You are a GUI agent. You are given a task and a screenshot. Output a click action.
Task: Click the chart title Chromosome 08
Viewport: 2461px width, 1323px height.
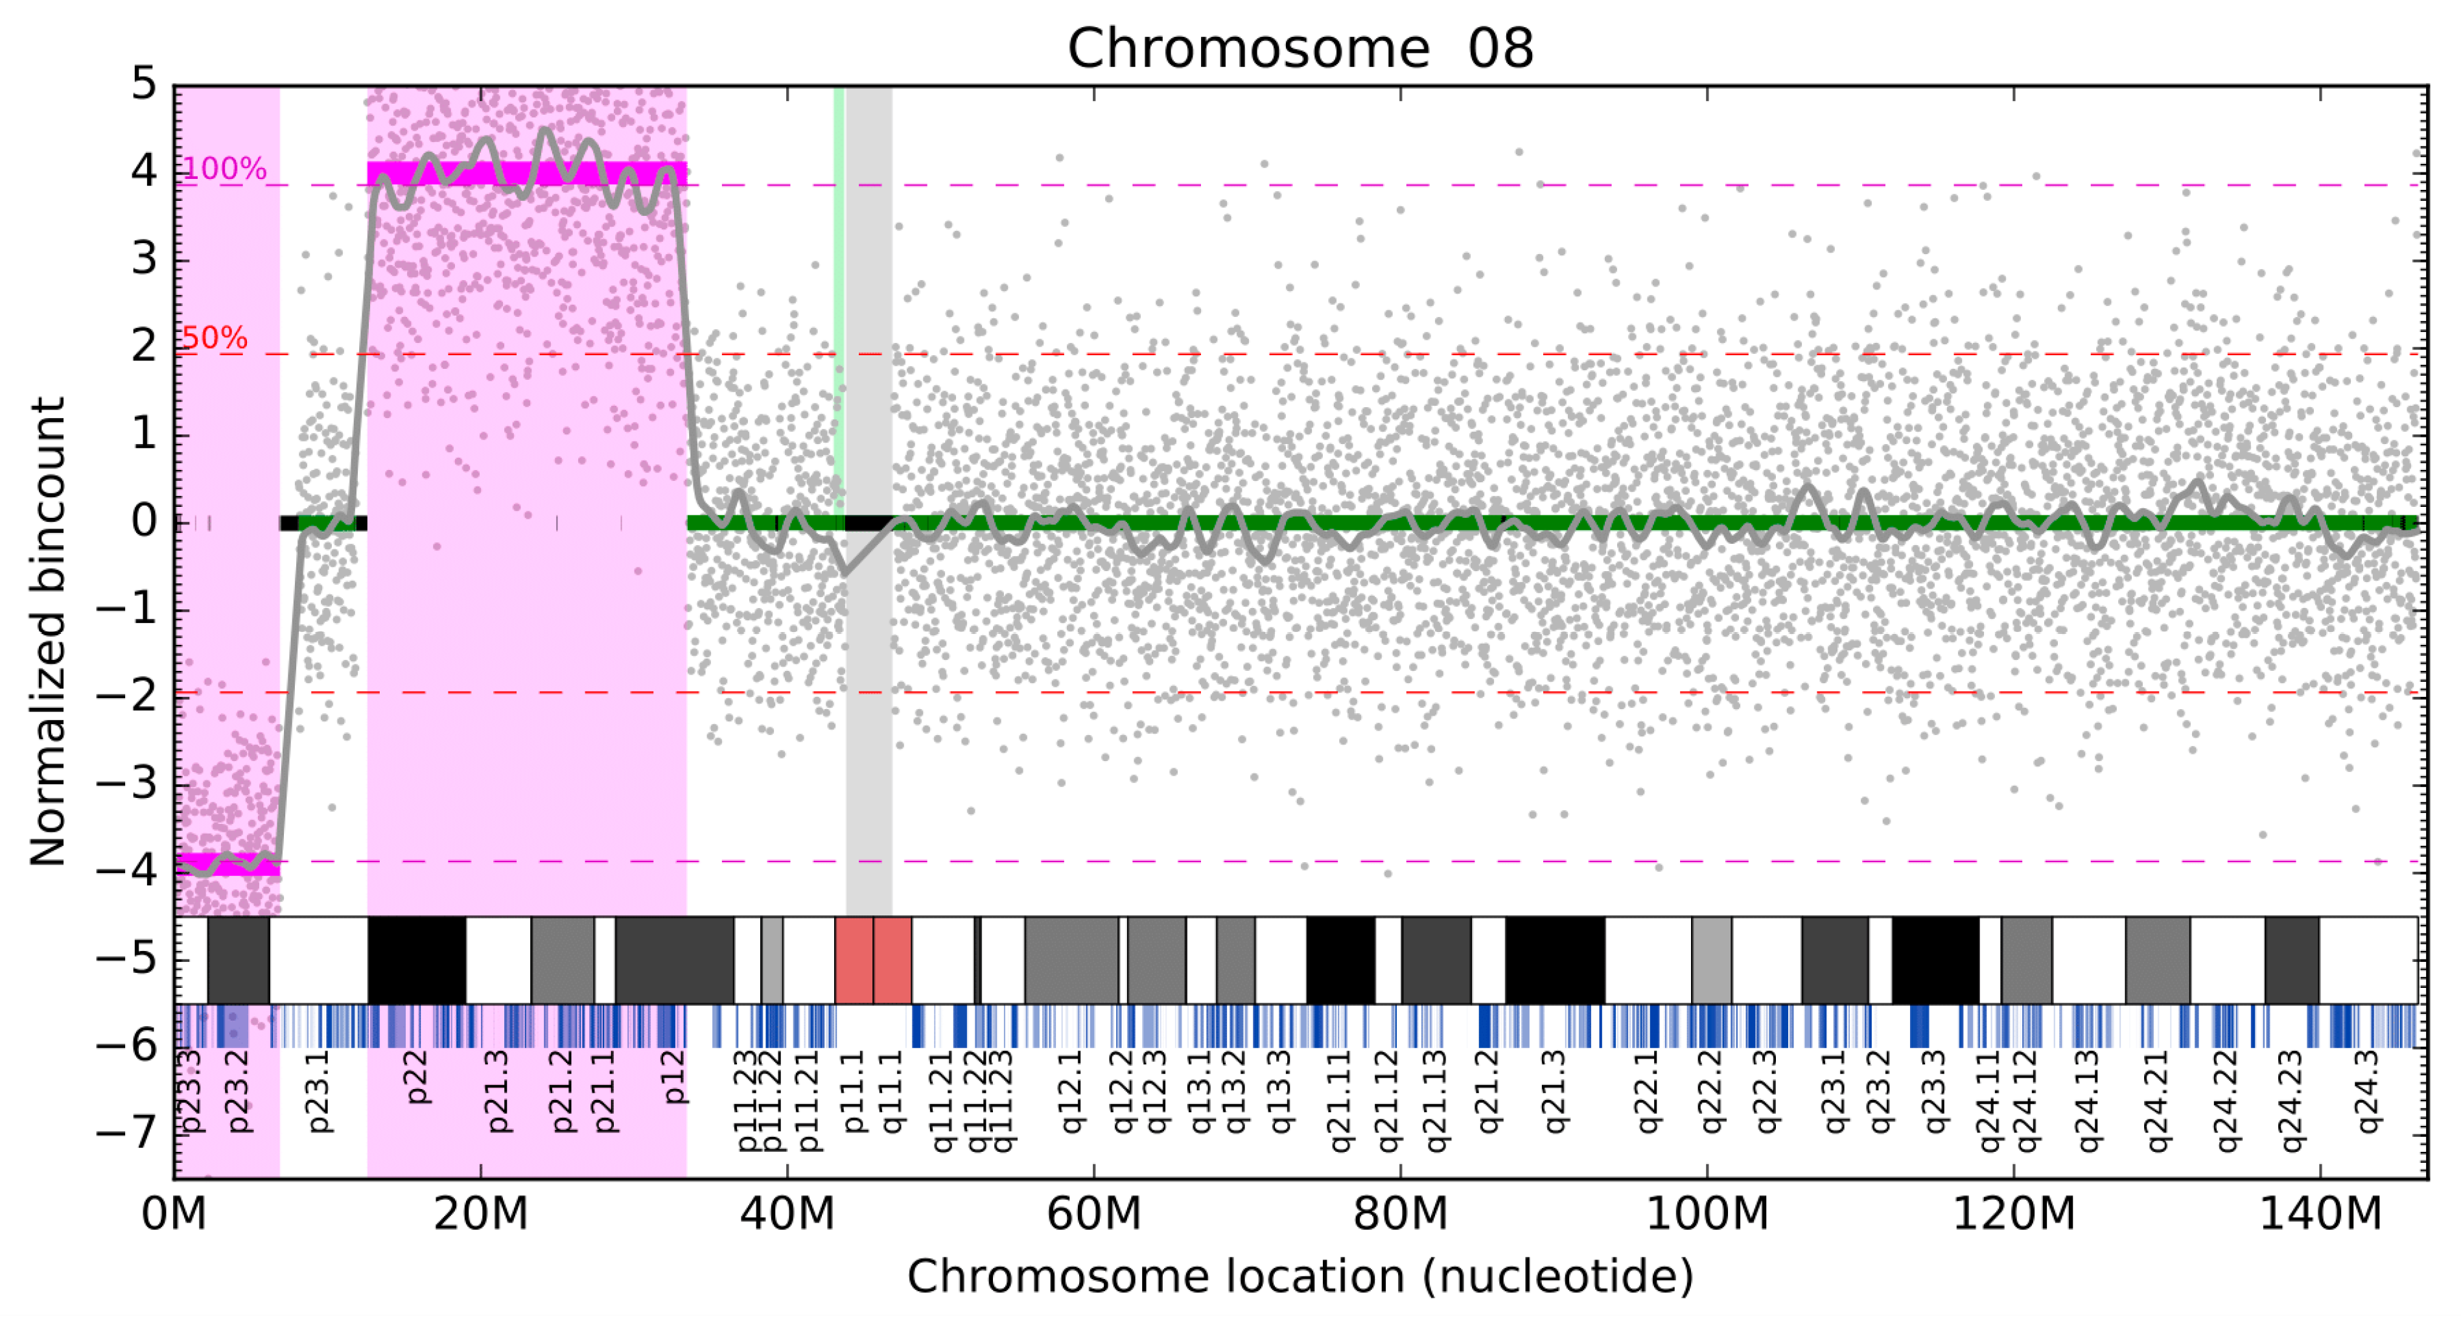(1300, 48)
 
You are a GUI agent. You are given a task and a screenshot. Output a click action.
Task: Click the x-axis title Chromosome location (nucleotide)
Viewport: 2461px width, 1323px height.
(1300, 1276)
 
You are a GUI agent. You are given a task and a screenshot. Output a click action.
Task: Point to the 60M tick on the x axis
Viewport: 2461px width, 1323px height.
(1094, 1214)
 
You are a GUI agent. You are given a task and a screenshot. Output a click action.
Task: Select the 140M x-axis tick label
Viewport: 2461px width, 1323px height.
(2320, 1214)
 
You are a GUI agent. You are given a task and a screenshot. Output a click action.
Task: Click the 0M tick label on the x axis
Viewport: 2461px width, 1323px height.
(174, 1214)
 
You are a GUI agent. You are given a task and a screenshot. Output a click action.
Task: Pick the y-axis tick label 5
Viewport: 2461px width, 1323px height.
(145, 84)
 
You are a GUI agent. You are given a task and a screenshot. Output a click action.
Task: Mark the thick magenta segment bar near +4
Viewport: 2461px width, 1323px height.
(526, 173)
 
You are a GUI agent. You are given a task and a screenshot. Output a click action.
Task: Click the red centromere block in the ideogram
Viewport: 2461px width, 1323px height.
(872, 959)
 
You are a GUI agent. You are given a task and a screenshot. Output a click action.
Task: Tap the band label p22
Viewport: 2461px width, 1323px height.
(417, 1077)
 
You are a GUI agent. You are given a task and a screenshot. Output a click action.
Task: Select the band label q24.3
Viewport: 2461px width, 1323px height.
(2368, 1091)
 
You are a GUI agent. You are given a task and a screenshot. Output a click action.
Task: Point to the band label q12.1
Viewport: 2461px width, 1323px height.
(1072, 1091)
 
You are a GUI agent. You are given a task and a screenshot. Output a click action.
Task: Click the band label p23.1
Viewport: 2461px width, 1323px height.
(318, 1091)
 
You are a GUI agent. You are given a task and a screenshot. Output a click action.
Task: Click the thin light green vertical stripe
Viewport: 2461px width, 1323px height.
(839, 287)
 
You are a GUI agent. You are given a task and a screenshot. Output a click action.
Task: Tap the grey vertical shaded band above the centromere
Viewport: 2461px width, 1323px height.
(869, 287)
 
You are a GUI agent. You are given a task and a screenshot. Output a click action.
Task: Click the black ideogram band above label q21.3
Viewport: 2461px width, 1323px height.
(1554, 959)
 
